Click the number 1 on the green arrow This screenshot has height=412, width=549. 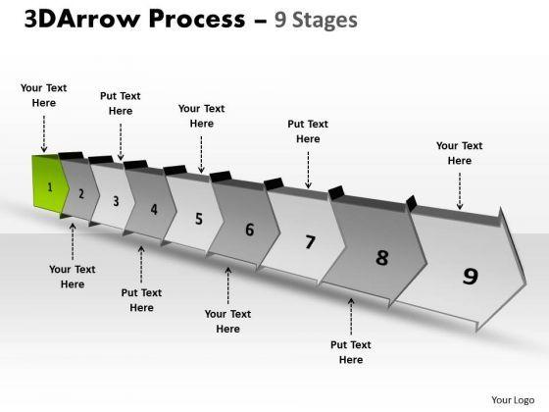click(50, 187)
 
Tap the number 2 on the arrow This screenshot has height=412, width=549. click(81, 194)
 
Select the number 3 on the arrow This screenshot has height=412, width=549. click(116, 201)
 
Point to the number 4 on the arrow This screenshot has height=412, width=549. click(154, 210)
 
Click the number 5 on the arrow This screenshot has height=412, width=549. click(199, 219)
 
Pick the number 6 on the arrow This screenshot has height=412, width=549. click(250, 230)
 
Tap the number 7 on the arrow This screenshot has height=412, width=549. click(310, 242)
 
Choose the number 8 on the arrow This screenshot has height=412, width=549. click(382, 257)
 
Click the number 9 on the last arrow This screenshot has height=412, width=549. click(471, 276)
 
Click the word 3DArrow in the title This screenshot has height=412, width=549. click(82, 19)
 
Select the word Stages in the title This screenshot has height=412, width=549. click(324, 20)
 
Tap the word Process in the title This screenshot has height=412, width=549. click(197, 19)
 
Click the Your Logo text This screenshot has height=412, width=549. click(513, 400)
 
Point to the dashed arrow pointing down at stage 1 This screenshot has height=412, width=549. click(44, 133)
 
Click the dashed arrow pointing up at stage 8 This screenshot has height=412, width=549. click(351, 316)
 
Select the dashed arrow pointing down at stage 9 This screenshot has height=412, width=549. click(460, 191)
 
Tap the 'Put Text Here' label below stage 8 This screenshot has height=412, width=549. click(351, 352)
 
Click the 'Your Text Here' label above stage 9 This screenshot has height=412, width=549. click(460, 153)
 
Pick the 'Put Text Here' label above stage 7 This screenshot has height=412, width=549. click(308, 131)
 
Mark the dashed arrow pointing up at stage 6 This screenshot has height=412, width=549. click(228, 285)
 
